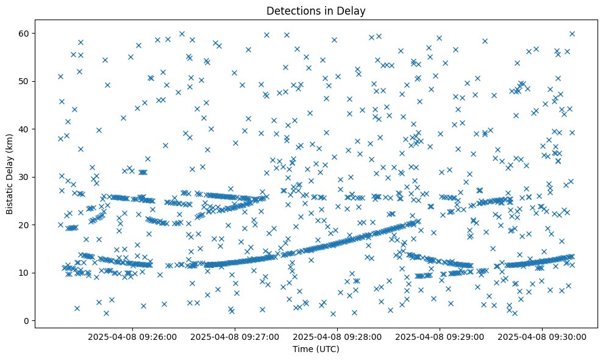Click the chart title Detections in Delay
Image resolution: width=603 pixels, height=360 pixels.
[316, 10]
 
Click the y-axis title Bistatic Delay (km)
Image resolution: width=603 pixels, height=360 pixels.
[10, 174]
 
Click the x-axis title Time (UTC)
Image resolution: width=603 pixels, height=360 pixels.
[316, 349]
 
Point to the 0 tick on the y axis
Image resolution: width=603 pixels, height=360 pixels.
[26, 321]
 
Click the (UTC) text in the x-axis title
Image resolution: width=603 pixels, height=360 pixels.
[328, 349]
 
